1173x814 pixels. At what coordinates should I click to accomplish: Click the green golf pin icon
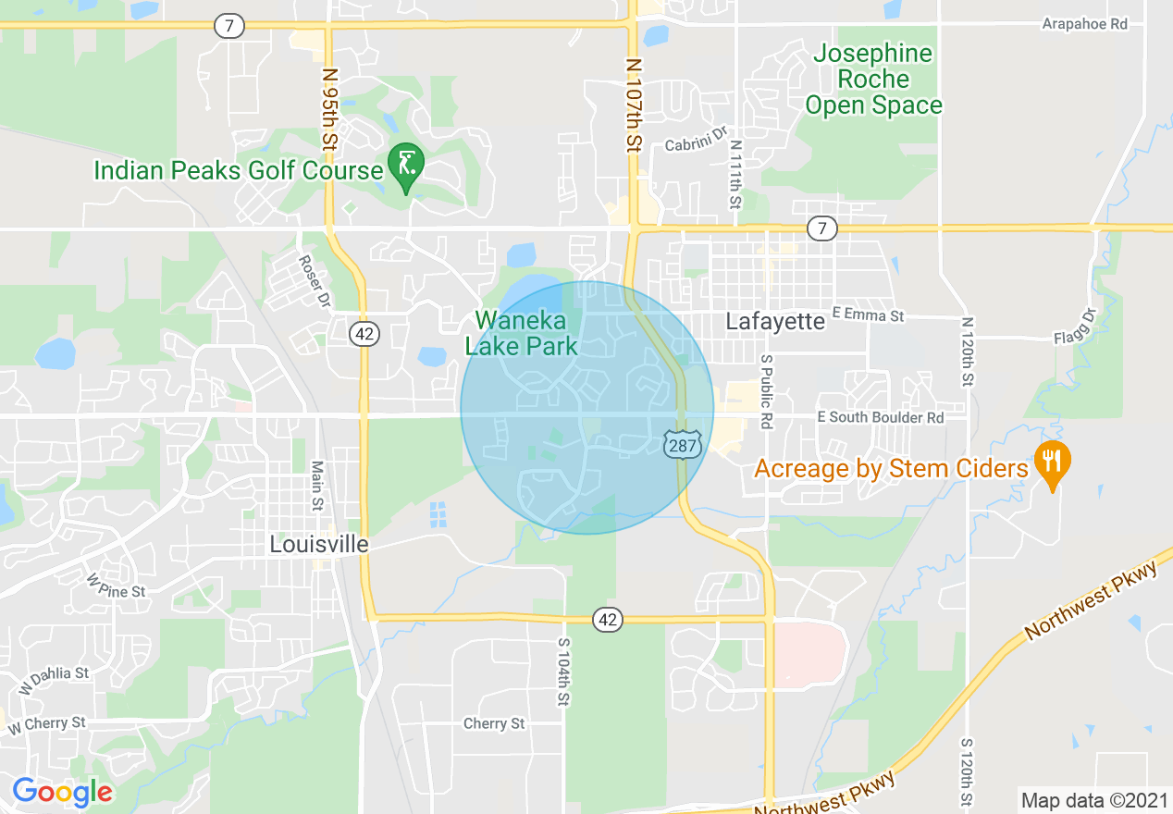tap(405, 165)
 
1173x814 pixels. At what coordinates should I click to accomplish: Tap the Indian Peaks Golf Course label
tap(239, 170)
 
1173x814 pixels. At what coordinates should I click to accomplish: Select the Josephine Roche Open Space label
tap(873, 80)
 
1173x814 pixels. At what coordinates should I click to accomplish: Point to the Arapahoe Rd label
tap(1084, 24)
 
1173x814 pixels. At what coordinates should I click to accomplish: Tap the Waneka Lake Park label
tap(522, 333)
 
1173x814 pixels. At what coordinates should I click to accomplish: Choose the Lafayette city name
tap(775, 321)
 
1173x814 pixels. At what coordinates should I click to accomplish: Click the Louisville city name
tap(319, 544)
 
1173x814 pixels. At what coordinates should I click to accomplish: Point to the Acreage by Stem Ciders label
tap(891, 468)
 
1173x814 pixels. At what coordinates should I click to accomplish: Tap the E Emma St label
tap(868, 315)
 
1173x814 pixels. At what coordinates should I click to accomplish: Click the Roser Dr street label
tap(315, 281)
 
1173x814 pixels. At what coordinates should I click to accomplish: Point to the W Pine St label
tap(117, 586)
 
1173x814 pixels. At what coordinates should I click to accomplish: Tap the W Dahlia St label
tap(54, 680)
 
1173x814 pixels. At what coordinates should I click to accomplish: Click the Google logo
tap(61, 792)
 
